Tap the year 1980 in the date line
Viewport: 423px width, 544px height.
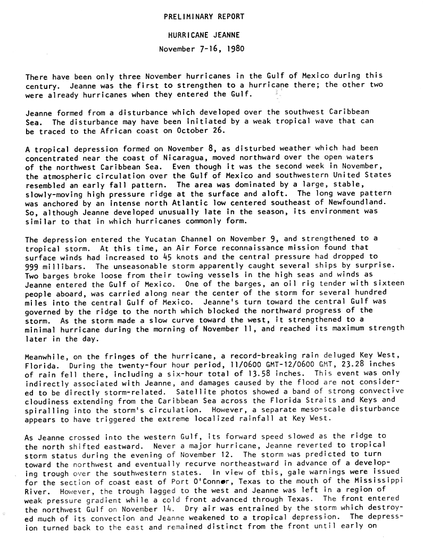[235, 50]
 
